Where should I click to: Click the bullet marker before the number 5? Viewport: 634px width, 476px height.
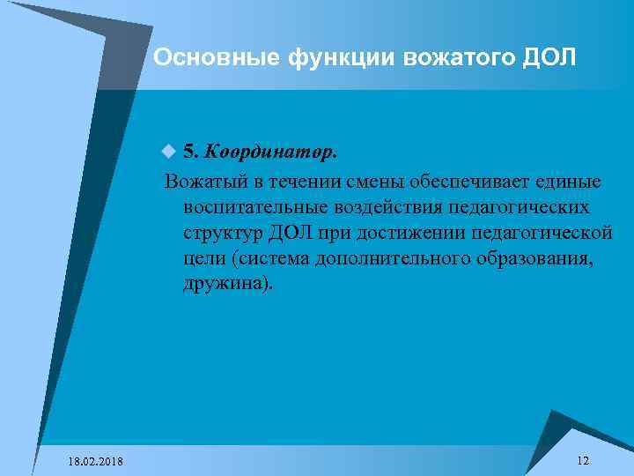tap(169, 152)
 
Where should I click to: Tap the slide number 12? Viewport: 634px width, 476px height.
tap(583, 461)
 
